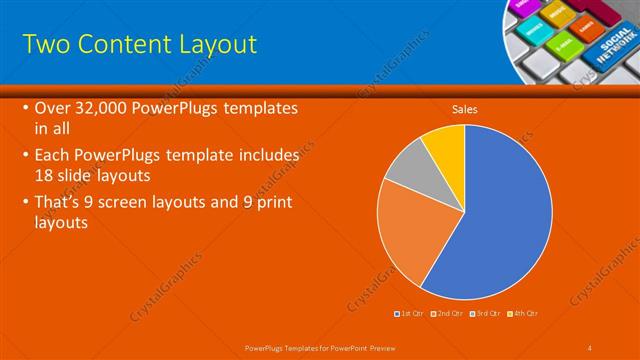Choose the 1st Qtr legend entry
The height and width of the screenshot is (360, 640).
tap(411, 314)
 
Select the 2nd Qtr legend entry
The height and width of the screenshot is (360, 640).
tap(446, 314)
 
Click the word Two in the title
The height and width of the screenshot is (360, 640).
tap(44, 44)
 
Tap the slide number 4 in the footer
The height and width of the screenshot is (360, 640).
tap(590, 347)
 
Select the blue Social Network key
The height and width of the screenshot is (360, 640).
tap(613, 45)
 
